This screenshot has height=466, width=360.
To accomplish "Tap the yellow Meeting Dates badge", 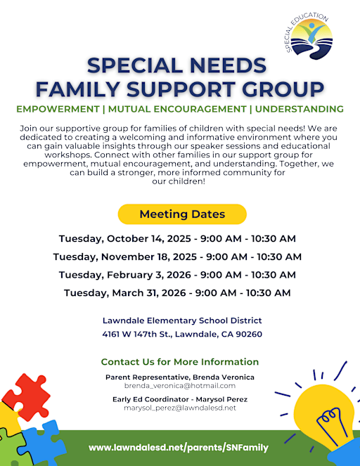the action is pos(182,214).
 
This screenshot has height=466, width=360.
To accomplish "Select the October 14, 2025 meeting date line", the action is pos(177,238).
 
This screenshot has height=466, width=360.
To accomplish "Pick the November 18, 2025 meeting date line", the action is pos(177,257).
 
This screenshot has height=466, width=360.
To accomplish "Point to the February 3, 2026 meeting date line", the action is pos(177,275).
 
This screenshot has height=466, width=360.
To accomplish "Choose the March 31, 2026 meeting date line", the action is pos(177,292).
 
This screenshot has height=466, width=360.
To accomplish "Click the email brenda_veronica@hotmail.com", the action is pos(179,386).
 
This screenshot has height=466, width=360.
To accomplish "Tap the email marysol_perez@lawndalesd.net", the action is pos(179,408).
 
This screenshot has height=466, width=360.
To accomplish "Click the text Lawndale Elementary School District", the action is pos(181,321).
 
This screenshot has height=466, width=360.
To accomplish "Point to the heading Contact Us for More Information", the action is pos(179,362).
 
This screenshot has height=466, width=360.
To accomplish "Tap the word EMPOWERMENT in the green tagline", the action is pos(57,110).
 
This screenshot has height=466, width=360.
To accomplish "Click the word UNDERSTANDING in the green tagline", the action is pos(299,110).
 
